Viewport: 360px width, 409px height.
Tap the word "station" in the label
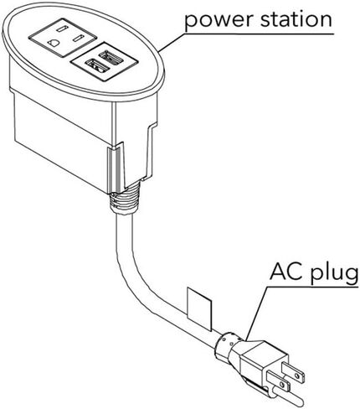point(296,18)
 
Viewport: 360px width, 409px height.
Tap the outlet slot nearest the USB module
point(78,38)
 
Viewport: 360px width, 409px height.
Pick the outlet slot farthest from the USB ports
point(62,28)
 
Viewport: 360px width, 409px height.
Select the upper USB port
point(111,56)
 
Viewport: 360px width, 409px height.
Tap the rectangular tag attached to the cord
point(199,309)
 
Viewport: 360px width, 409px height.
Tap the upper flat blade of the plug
point(293,372)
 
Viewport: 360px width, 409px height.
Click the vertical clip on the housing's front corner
point(116,168)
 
